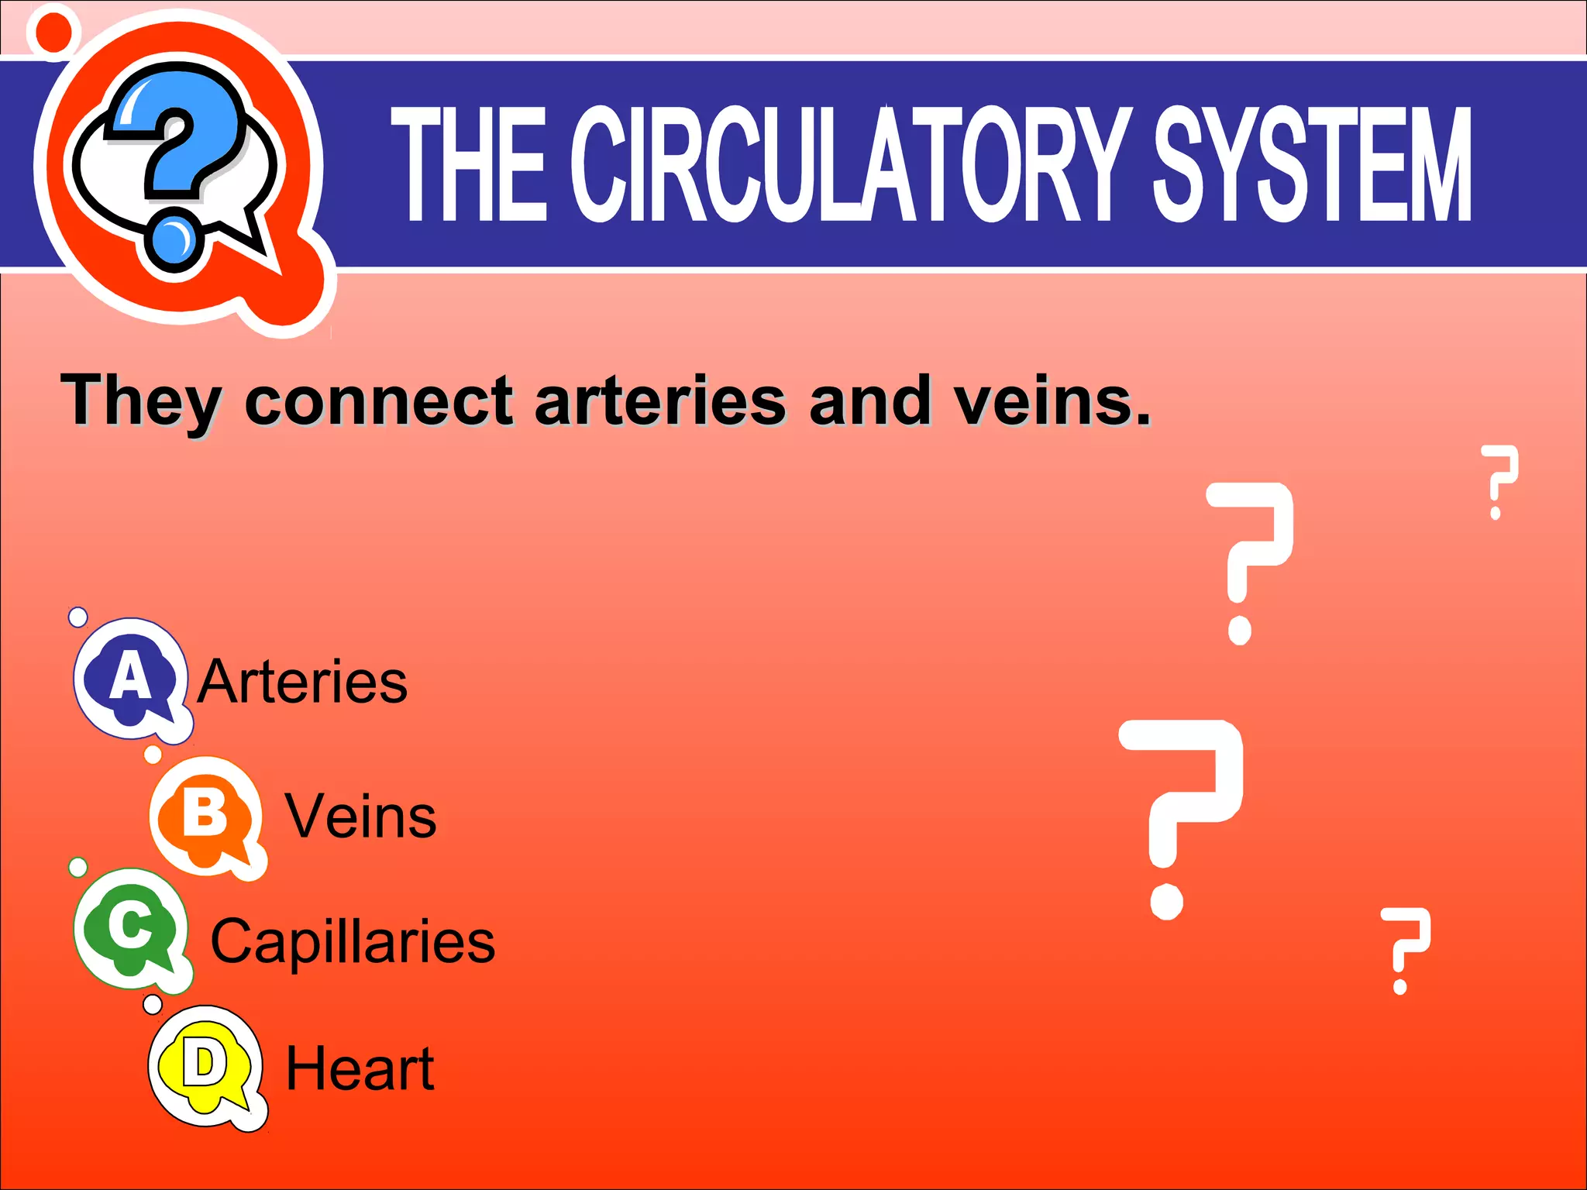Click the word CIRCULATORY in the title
849,164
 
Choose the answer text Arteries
302,682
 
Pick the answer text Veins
361,817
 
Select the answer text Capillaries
353,941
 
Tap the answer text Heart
360,1068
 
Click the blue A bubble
130,678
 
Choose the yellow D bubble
205,1066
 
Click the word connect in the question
379,401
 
